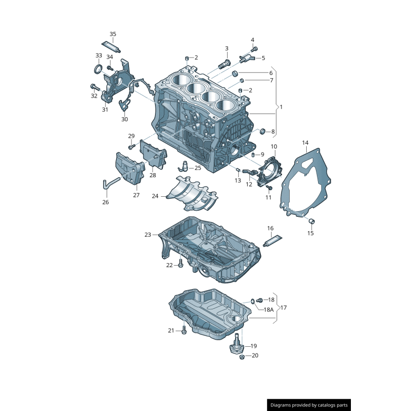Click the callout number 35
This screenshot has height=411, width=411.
113,34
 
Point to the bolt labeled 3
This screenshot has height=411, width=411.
223,64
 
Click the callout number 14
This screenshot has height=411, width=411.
305,142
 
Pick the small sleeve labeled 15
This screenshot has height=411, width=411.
311,221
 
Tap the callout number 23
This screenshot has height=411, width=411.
148,235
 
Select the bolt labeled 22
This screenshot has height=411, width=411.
180,265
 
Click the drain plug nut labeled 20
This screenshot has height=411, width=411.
241,357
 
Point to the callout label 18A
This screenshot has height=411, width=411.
269,310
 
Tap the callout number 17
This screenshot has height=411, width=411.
284,308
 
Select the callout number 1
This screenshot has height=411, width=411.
281,107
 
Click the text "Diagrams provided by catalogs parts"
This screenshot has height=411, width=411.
309,405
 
